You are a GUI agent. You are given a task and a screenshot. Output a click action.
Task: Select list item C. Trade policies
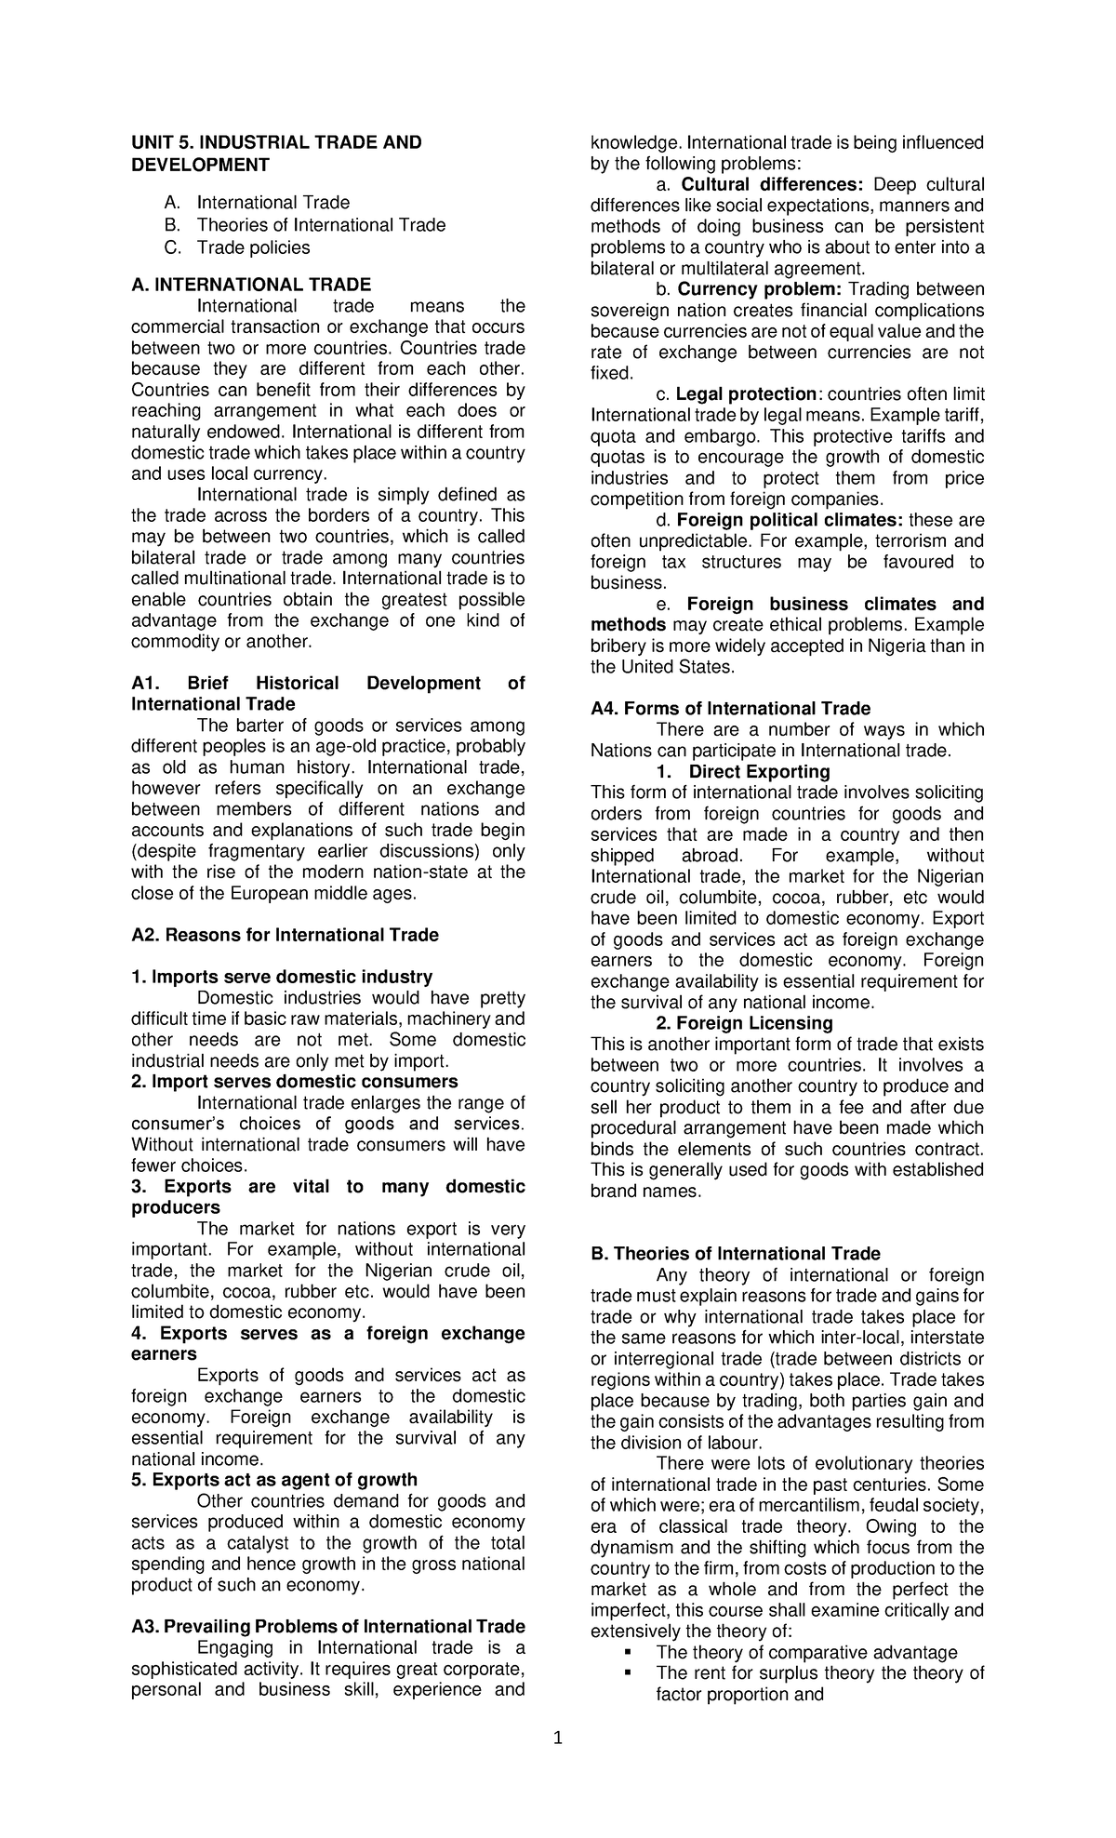252,247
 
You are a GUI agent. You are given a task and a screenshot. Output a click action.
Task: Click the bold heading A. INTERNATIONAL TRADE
251,285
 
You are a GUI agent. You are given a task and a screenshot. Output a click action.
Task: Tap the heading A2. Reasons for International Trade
285,935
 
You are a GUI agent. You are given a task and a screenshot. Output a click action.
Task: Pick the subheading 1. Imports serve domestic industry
282,977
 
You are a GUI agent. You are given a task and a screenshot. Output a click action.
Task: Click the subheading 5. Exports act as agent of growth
274,1480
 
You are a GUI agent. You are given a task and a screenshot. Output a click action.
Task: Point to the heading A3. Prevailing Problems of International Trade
328,1627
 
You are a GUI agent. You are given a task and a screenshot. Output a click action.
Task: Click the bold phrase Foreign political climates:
790,520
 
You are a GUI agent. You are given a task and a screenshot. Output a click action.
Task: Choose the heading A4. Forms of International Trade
730,709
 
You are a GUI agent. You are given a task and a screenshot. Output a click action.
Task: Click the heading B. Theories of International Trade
735,1254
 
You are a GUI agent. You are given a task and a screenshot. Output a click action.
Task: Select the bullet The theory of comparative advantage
806,1652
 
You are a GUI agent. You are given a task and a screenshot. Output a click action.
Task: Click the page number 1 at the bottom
558,1738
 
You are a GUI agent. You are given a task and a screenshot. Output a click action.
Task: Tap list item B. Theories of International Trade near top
320,225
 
